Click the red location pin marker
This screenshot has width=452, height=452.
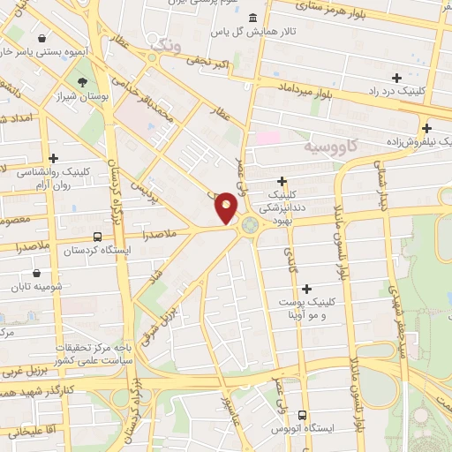click(227, 207)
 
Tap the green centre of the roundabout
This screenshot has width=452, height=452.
click(250, 225)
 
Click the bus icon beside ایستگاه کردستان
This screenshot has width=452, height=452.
click(96, 237)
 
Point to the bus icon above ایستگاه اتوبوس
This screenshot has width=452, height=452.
click(303, 415)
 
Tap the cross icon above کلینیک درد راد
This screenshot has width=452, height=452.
click(396, 78)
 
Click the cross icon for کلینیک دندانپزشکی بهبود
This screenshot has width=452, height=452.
click(282, 180)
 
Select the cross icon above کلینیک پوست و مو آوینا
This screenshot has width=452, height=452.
click(306, 289)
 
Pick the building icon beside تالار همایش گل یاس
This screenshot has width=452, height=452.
click(253, 19)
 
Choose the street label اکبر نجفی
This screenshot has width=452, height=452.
click(207, 62)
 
